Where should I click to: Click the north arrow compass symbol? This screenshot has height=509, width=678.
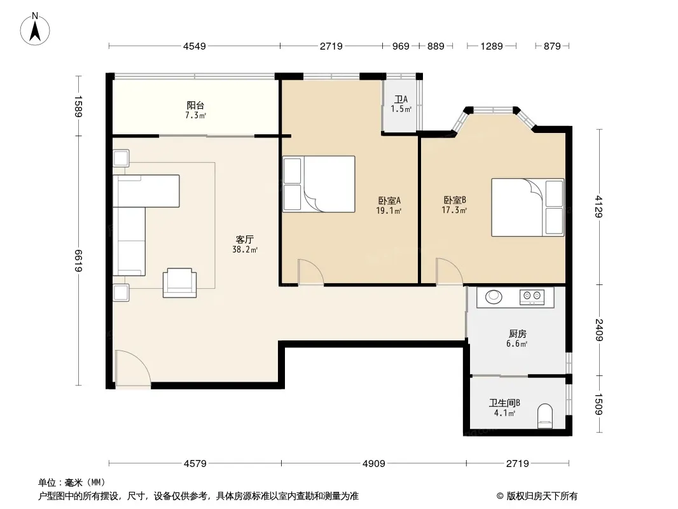coord(35,29)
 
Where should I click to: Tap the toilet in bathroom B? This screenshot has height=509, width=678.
coord(545,416)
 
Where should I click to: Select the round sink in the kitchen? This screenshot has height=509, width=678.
coord(494,296)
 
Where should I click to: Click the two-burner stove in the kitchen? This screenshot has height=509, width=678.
coord(532,296)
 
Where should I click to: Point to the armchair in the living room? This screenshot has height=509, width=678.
coord(180,283)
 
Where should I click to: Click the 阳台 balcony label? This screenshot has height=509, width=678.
coord(195,105)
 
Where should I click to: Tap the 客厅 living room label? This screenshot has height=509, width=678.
coord(245,239)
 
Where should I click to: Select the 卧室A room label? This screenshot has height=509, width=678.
coord(389,200)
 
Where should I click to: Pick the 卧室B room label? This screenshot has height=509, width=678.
coord(455,200)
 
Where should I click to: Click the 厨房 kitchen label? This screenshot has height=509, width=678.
coord(517,334)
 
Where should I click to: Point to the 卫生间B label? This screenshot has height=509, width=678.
coord(504,403)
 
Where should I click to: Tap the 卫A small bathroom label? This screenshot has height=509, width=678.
coord(401,99)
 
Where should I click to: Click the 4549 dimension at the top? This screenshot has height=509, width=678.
coord(195,46)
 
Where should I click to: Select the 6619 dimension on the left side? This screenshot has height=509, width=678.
coord(78,261)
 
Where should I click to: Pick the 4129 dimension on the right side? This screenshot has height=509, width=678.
coord(599,207)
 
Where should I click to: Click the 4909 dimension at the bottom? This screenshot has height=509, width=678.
coord(373,464)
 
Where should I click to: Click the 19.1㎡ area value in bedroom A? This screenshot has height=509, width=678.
coord(389,211)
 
